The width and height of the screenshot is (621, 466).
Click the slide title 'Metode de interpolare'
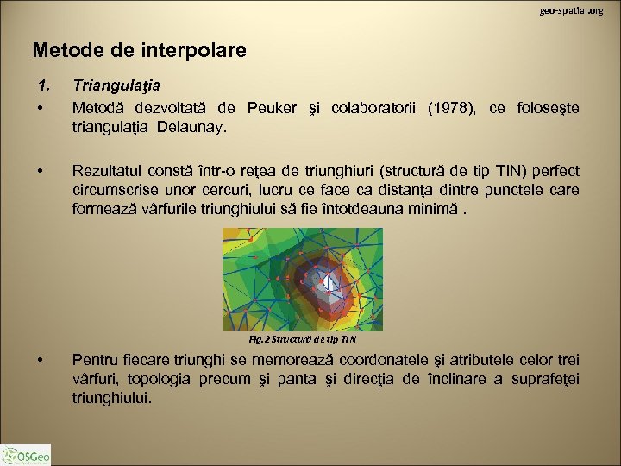coord(139,51)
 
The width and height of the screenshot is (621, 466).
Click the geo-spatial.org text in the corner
coord(572,10)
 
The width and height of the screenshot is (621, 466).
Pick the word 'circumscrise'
coord(116,189)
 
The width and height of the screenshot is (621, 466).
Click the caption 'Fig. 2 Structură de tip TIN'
coord(302,340)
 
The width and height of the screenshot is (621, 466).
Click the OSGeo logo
coord(27,453)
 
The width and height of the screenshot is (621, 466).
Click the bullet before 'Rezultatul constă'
coord(41,170)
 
